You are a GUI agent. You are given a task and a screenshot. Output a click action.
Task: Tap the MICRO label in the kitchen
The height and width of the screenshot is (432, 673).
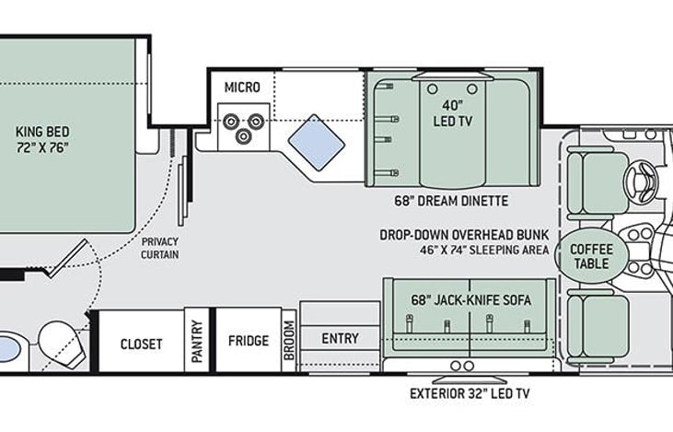(x=242, y=88)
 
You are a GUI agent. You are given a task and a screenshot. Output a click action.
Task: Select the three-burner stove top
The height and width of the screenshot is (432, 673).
(x=243, y=126)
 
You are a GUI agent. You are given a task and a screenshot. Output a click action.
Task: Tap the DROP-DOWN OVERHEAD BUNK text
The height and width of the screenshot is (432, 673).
(x=464, y=235)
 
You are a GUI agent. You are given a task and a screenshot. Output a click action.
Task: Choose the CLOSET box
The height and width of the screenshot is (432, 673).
(x=141, y=344)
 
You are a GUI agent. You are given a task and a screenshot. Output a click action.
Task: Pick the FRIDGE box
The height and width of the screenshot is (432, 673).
(x=249, y=341)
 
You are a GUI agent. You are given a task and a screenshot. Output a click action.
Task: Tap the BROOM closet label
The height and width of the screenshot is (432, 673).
(x=288, y=343)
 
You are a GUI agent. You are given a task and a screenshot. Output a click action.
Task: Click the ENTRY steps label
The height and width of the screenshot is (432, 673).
(x=340, y=338)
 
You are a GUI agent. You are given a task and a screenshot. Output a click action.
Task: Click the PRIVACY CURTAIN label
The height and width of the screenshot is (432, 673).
(x=160, y=248)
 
